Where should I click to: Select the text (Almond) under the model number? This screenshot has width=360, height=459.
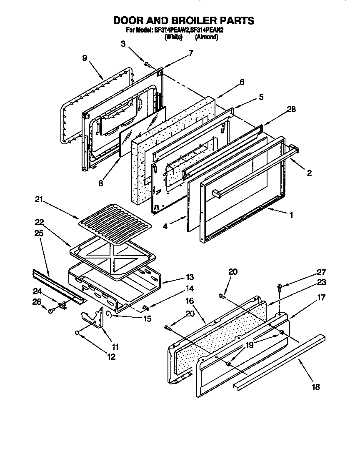[206, 37]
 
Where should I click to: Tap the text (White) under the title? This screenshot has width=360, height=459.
[173, 37]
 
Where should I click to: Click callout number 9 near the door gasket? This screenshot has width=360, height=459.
[85, 58]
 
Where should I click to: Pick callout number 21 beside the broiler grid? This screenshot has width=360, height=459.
[39, 201]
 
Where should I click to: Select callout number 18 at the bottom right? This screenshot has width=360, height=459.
[316, 387]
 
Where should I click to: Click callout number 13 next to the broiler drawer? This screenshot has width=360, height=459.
[190, 277]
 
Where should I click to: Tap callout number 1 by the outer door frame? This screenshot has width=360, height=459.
[291, 215]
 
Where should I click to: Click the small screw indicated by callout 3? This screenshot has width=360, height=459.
[147, 64]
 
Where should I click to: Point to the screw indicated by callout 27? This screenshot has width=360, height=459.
[280, 286]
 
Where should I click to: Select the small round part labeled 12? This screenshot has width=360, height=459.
[77, 332]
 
